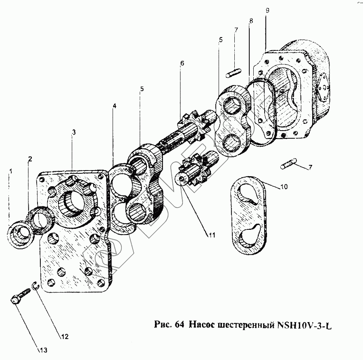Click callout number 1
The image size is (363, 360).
(x=11, y=172)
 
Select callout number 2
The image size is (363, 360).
(x=29, y=159)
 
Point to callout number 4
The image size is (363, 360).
(x=115, y=106)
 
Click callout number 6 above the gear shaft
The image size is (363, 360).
(x=182, y=63)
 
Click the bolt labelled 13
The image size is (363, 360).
(x=20, y=297)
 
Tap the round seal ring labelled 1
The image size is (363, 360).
(x=19, y=234)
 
